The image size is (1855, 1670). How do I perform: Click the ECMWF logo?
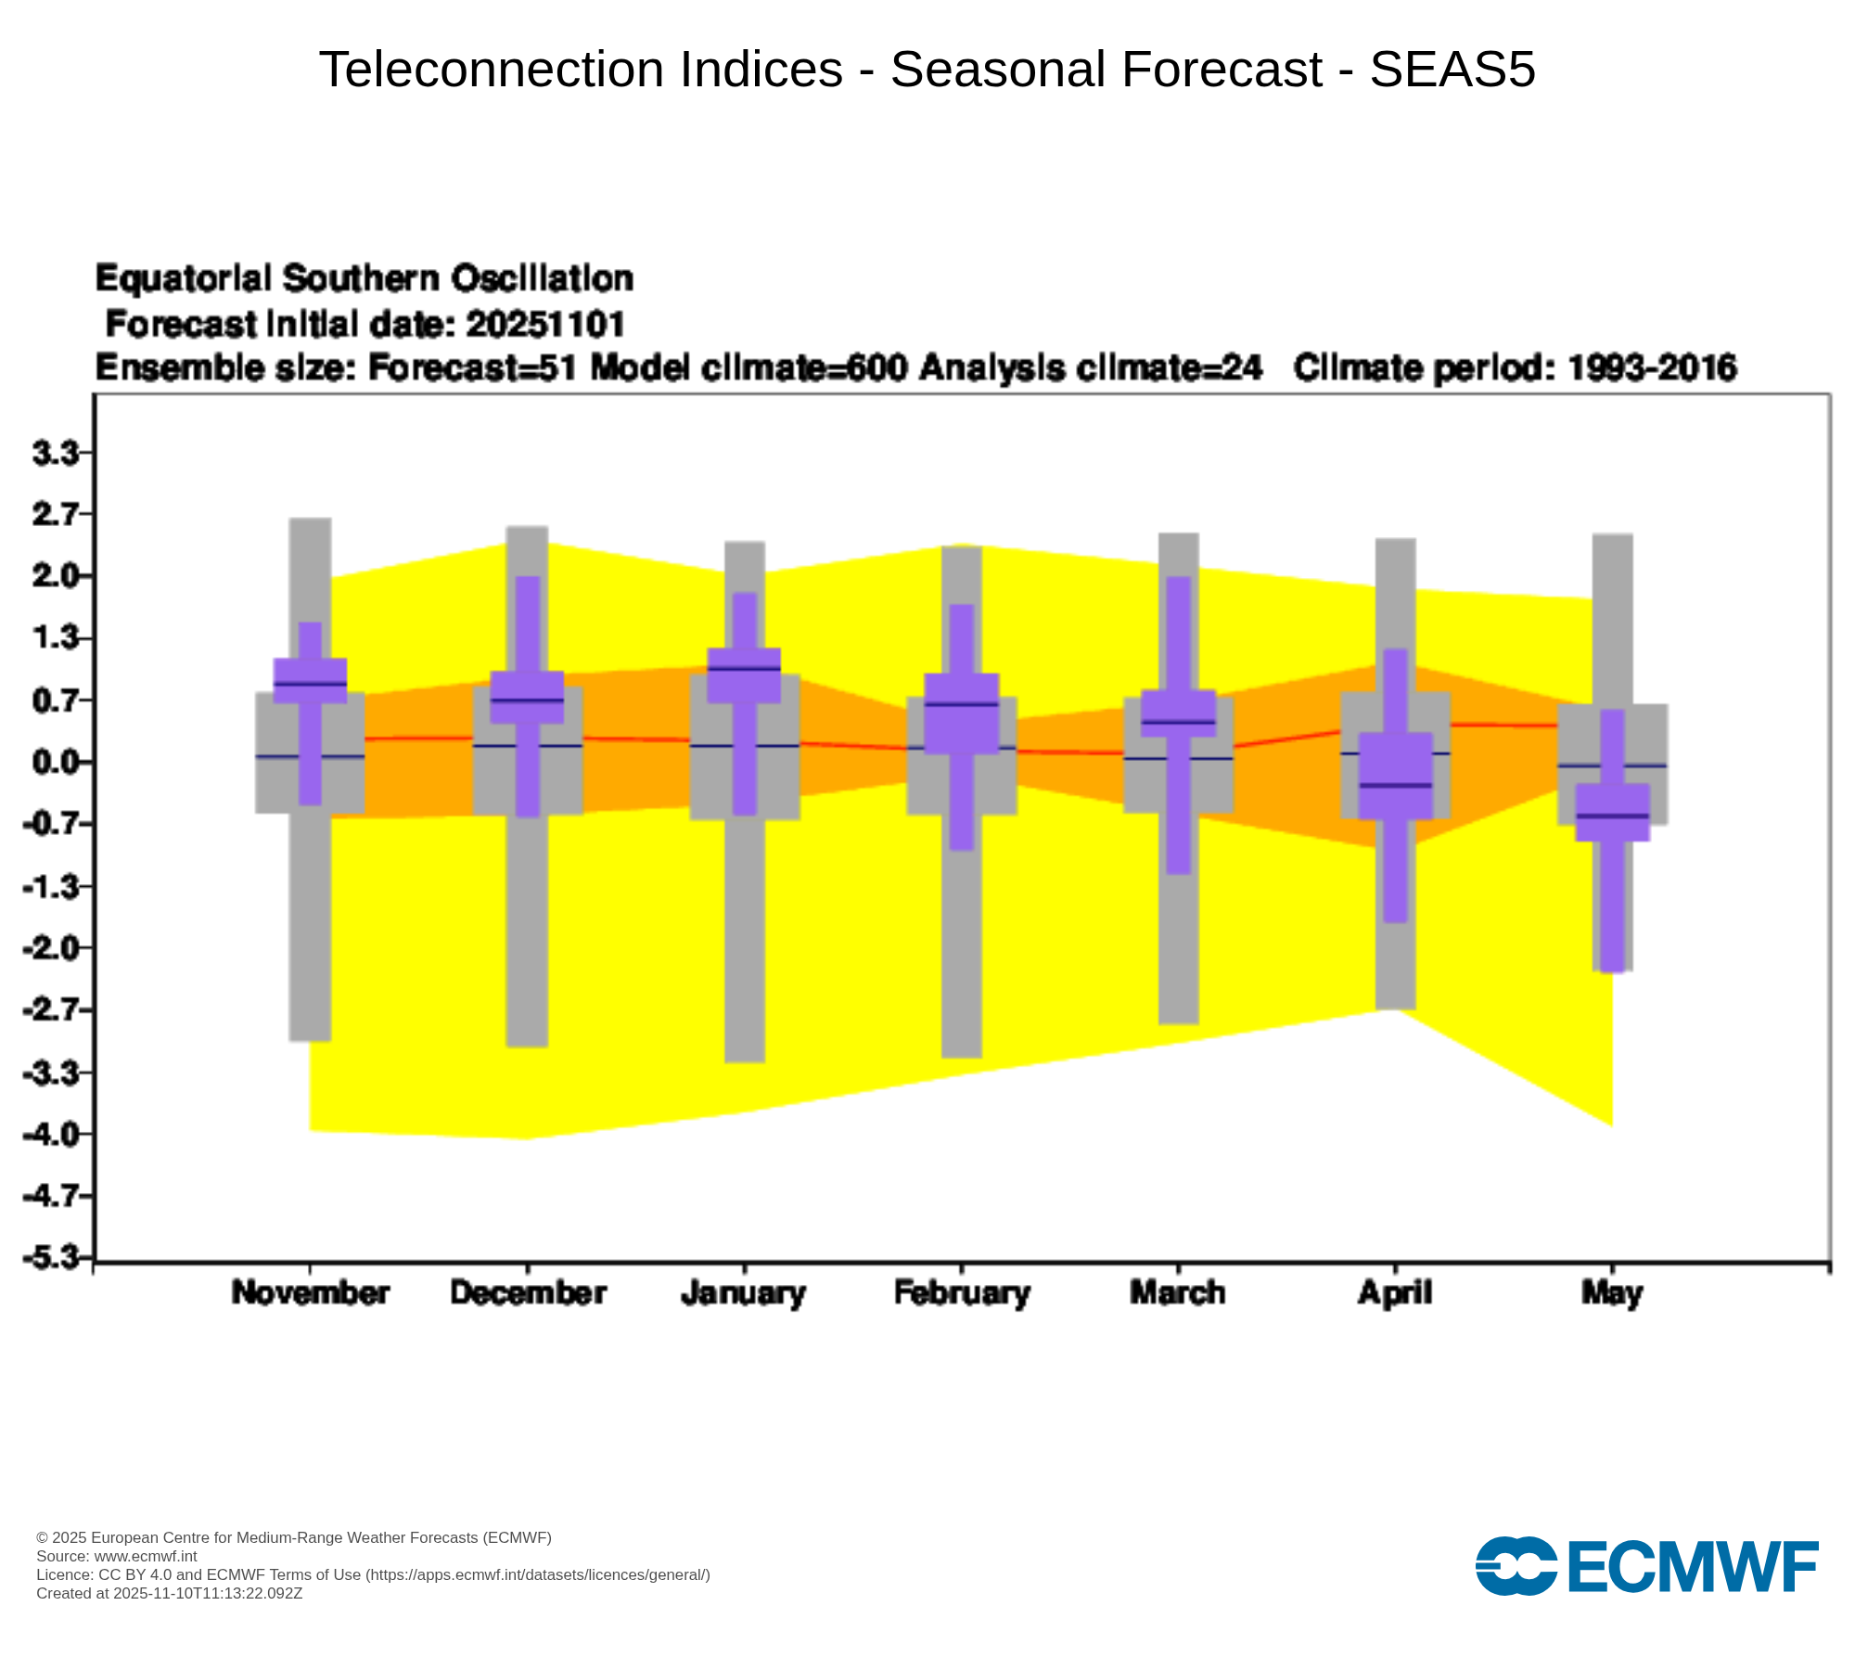(1646, 1567)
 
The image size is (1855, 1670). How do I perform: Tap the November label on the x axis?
(310, 1292)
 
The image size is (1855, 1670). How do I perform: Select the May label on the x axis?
(1612, 1292)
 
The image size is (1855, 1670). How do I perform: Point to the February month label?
(962, 1292)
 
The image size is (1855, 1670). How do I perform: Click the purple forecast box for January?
(744, 675)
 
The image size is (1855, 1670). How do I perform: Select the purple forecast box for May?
(1613, 813)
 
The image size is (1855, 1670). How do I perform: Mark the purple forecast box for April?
(1396, 776)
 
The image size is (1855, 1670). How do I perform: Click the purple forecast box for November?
(310, 680)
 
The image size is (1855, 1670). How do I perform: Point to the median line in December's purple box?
(527, 700)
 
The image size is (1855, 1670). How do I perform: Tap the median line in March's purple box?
(1178, 721)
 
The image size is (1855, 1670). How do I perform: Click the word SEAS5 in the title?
(1452, 70)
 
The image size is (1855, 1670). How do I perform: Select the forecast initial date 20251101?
(545, 325)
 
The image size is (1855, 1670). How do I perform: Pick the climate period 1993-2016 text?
(1651, 368)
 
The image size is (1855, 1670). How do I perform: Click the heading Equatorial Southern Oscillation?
(365, 278)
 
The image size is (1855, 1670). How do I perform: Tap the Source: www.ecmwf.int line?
(117, 1556)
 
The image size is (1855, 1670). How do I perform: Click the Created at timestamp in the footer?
(169, 1593)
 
